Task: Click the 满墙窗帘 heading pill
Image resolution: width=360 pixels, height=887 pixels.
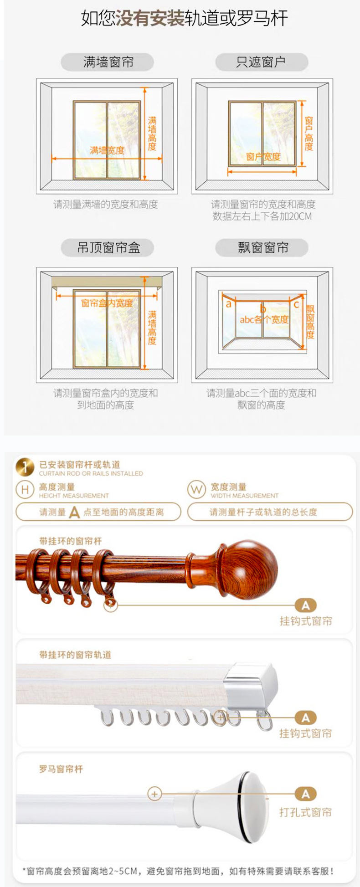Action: (x=108, y=62)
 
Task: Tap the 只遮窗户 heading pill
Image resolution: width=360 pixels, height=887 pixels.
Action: (x=261, y=62)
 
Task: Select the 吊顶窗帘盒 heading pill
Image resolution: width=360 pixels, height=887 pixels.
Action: (x=108, y=248)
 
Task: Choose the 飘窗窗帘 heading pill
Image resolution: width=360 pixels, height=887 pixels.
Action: (x=262, y=248)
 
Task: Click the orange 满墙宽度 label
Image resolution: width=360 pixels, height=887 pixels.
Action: (x=107, y=150)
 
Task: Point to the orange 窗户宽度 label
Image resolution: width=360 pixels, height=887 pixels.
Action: (x=263, y=157)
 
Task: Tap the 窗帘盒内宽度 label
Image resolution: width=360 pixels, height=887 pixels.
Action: (x=107, y=303)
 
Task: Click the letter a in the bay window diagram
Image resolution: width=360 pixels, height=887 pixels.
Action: (x=229, y=304)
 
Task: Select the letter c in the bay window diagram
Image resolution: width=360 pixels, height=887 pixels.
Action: (x=296, y=304)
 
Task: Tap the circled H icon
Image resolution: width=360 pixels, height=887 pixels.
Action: (x=25, y=490)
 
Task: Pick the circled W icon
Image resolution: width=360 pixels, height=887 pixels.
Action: (x=196, y=490)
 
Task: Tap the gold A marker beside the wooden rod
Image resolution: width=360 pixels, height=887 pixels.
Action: (x=305, y=605)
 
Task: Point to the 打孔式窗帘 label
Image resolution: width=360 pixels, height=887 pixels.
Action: (x=305, y=812)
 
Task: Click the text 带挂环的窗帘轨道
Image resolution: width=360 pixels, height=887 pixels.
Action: (x=75, y=655)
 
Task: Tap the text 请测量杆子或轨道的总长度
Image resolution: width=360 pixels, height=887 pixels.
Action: (x=263, y=512)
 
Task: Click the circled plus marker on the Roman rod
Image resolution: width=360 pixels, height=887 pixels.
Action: (x=154, y=794)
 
